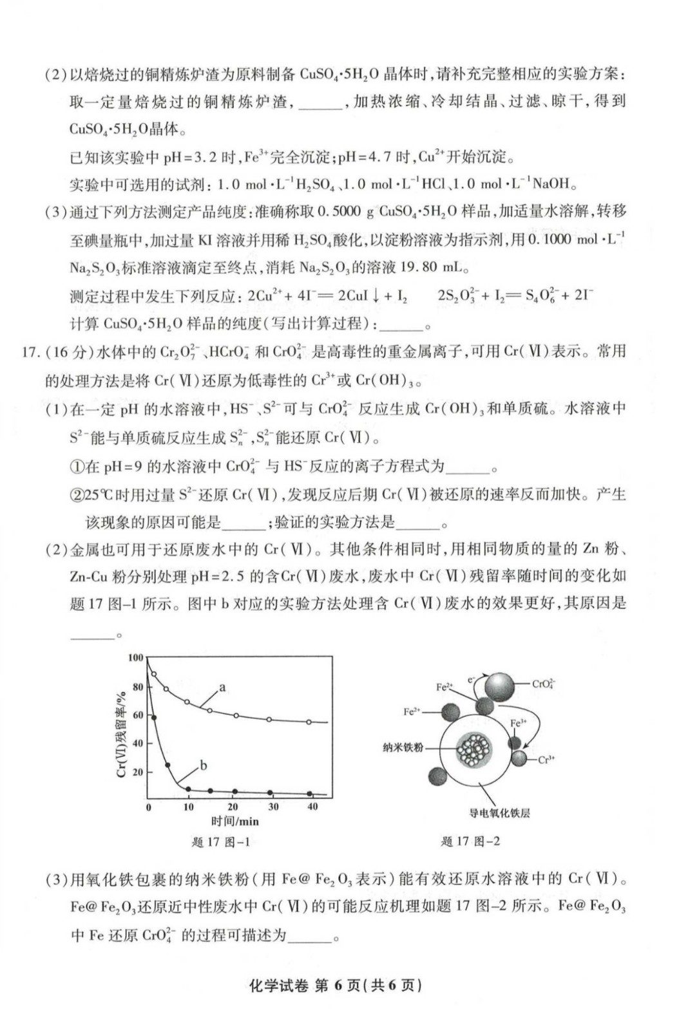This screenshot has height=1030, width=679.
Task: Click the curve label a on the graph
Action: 222,688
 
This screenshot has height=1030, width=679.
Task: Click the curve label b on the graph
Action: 204,765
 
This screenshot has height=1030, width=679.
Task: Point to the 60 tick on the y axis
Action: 138,715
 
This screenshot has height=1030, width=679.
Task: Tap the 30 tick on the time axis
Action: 273,807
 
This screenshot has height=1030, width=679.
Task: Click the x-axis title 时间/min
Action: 234,821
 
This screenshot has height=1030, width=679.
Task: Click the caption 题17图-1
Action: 220,841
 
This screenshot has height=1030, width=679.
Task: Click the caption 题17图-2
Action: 470,841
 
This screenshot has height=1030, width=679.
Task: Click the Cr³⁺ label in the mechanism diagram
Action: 546,760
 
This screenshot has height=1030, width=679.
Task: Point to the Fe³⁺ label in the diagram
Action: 518,723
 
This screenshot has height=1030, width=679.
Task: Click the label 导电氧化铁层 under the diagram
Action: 499,813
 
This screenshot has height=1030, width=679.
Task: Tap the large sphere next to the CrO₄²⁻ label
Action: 500,688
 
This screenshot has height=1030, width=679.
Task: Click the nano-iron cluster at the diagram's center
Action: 473,749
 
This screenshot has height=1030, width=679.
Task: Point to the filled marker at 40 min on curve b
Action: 310,794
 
